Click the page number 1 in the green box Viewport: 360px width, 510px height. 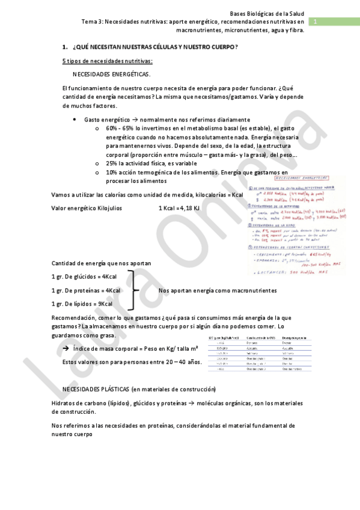[314, 22]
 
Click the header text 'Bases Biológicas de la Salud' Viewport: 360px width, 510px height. [267, 13]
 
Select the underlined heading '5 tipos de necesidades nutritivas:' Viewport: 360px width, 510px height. [107, 61]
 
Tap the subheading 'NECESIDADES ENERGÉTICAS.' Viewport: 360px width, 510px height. [111, 74]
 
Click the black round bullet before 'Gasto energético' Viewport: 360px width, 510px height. [74, 119]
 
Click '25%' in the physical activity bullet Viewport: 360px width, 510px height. [112, 163]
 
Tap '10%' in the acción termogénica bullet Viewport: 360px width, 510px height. [112, 172]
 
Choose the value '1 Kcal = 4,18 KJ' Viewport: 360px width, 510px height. [179, 208]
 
